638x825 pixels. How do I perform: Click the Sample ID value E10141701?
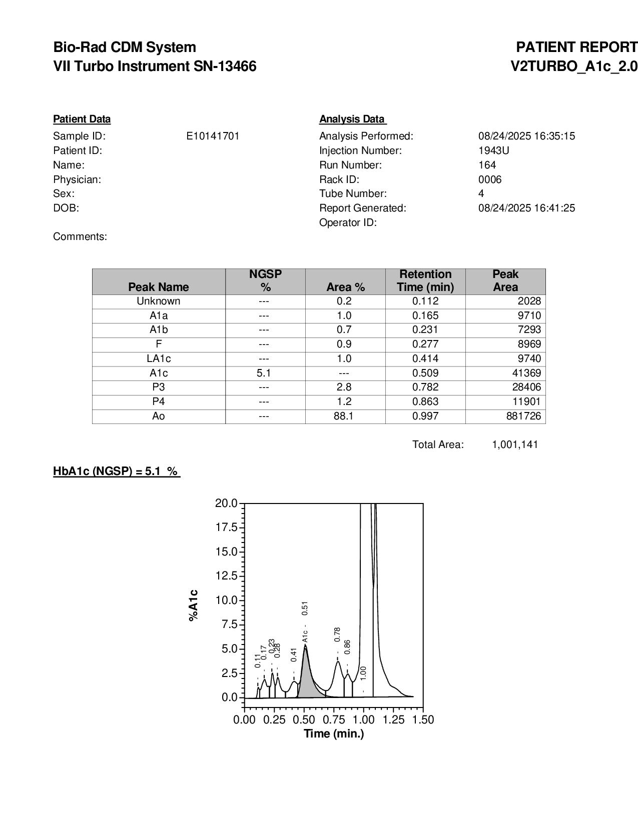pos(213,136)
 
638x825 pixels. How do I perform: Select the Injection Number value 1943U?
pos(487,150)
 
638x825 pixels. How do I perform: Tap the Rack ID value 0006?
pos(489,179)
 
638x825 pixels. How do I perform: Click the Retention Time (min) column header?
pos(425,280)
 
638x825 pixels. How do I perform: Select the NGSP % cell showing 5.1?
pos(264,373)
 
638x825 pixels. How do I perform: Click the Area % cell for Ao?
pos(344,416)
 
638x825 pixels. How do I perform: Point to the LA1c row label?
pos(158,358)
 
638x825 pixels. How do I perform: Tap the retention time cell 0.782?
pos(425,387)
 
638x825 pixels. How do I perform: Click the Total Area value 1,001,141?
pos(515,444)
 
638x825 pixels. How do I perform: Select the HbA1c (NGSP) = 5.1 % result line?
pos(116,471)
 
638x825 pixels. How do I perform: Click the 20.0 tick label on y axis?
pos(226,503)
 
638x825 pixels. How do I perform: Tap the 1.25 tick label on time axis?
pos(394,719)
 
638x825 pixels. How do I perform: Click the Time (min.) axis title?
pos(334,733)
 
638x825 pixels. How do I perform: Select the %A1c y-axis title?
pos(194,605)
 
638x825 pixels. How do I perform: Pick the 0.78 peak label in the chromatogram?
pos(337,634)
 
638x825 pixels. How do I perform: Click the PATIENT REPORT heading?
pos(576,47)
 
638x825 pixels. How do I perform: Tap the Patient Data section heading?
pos(82,119)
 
